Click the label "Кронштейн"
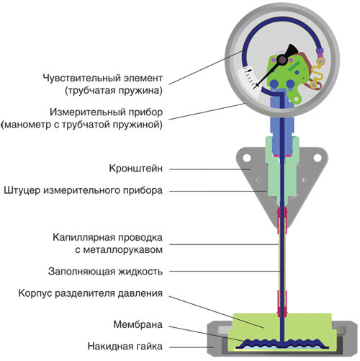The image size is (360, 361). [136, 169]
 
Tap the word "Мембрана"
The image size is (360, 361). [138, 324]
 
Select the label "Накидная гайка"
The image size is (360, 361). [125, 347]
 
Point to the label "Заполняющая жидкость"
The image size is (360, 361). [105, 272]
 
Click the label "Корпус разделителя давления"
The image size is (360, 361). [91, 293]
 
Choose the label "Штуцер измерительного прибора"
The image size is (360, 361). [84, 190]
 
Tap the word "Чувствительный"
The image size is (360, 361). [81, 79]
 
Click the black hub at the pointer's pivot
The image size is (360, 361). [282, 60]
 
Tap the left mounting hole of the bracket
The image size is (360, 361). [246, 158]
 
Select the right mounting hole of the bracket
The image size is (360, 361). [318, 158]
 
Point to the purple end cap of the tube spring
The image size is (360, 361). [320, 51]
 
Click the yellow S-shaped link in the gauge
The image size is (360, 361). [318, 73]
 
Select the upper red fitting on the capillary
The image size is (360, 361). [282, 220]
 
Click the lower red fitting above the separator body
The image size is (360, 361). [282, 303]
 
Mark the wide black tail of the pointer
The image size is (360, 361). [292, 50]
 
